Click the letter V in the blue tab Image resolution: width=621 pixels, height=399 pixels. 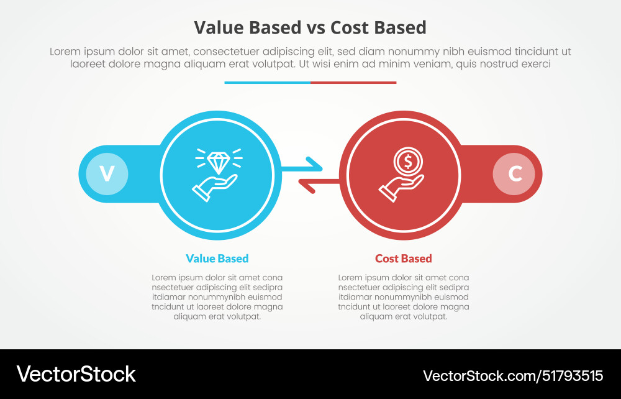point(107,173)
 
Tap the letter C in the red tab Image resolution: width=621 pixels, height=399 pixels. point(514,173)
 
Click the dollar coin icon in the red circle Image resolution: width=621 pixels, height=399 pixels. point(408,162)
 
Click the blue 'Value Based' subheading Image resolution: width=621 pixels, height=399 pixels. point(217,259)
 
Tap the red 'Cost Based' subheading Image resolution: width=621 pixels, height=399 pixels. point(403,259)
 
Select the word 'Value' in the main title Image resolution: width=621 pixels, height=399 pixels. point(217,28)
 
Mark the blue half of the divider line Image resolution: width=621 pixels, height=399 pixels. point(267,82)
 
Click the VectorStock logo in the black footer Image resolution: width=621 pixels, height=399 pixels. point(76,374)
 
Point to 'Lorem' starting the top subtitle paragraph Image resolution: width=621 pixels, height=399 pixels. point(65,52)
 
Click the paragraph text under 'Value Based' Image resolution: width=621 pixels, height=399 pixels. point(217,296)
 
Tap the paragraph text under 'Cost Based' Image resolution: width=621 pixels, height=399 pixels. point(403,296)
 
